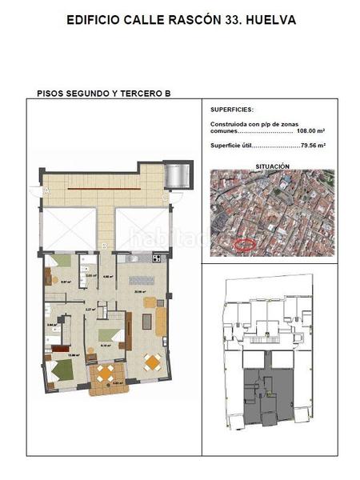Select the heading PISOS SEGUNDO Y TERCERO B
104,94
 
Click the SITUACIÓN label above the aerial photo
272,166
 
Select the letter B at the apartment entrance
106,246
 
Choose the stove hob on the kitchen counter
157,258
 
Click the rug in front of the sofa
147,322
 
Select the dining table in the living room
152,361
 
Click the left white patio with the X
70,227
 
